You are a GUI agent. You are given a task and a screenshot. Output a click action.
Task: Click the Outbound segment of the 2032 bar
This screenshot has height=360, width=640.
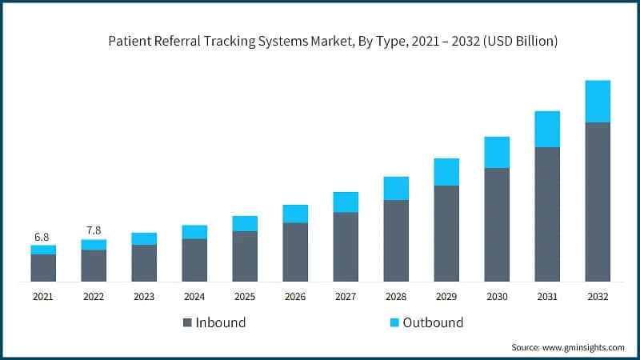coord(598,102)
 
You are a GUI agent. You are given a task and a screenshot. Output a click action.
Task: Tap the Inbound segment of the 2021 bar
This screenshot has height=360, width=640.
coord(43,268)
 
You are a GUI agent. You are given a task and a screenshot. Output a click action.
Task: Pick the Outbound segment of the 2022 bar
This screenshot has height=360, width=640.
coord(94,245)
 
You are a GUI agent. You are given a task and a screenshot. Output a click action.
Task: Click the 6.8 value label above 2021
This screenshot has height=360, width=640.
coord(42,237)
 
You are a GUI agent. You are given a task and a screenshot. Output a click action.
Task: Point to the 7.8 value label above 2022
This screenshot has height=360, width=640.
coord(93,230)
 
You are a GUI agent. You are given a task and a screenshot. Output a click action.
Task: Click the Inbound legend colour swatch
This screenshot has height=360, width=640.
coord(188,323)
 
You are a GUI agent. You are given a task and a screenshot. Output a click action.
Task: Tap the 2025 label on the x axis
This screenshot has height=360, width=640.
coord(245,296)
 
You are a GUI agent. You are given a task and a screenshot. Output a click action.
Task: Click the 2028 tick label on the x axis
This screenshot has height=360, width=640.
coord(396,296)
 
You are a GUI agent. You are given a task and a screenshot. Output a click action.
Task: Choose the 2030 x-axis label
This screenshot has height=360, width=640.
coord(497,296)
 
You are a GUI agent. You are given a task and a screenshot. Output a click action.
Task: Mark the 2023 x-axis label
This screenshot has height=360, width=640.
coord(144,296)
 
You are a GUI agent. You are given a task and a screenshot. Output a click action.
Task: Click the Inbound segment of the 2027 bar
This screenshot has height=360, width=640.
coord(346,246)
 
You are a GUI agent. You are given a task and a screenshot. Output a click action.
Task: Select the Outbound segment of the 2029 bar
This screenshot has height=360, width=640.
coord(446,172)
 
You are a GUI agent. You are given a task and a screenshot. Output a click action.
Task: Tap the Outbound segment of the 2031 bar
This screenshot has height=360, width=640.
coord(547,130)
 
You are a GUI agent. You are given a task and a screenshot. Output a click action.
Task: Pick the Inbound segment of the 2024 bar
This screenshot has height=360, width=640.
coord(194,260)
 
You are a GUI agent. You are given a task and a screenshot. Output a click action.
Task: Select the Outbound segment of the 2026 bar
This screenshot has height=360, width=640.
coord(295,214)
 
